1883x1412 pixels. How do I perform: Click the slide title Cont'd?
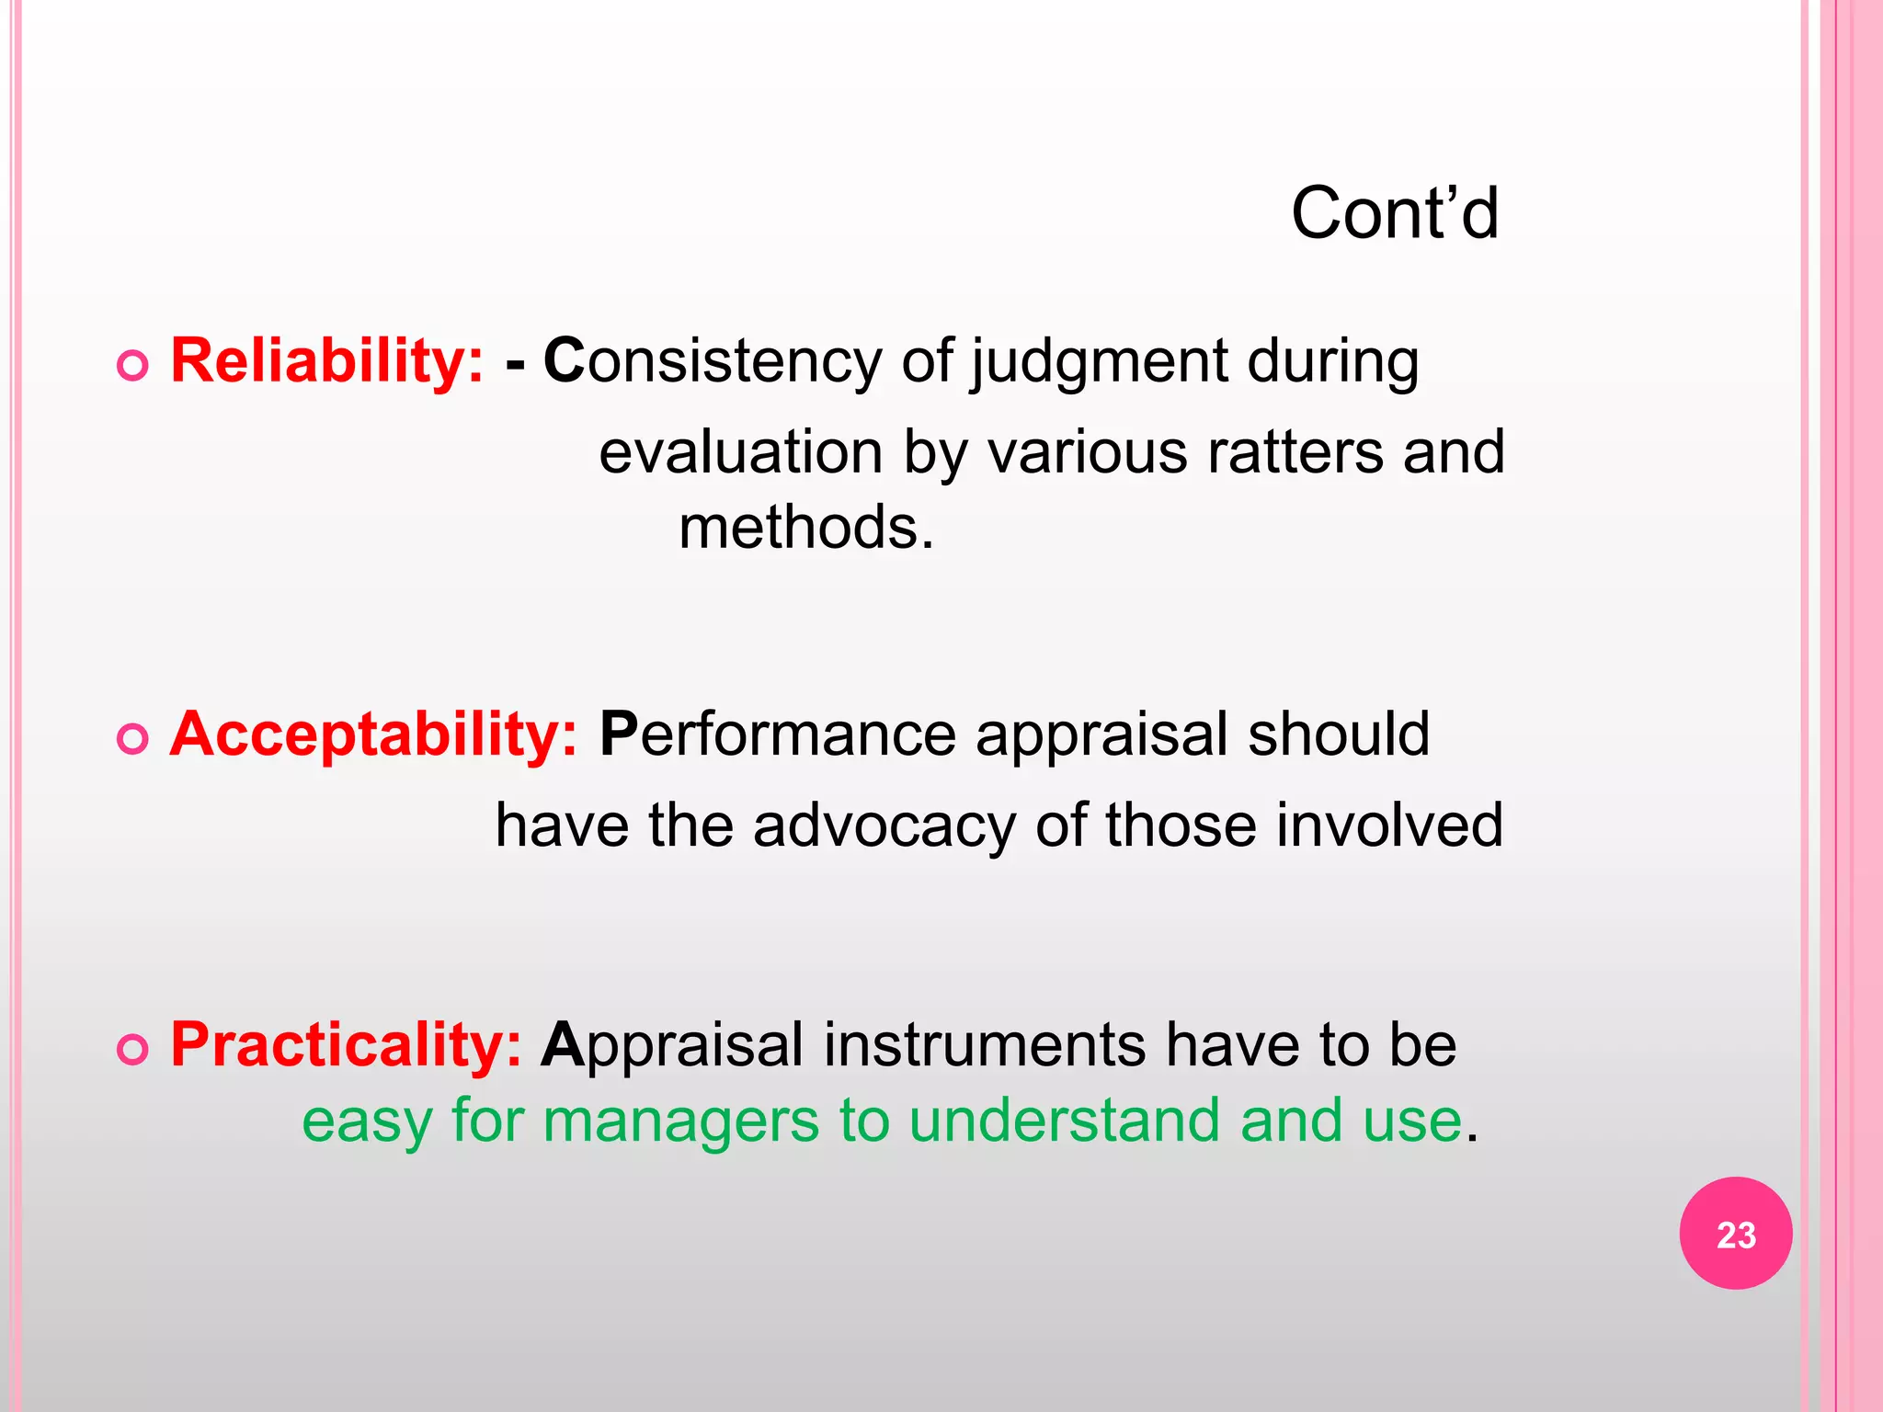pos(1394,213)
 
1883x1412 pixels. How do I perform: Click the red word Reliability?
pos(327,360)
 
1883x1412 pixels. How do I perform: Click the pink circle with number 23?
pos(1735,1234)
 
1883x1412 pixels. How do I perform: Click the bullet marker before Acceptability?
pos(133,739)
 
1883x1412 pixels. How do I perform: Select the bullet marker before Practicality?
pos(133,1050)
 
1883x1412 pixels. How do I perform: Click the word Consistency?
pos(713,360)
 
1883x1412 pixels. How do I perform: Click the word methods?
pos(805,528)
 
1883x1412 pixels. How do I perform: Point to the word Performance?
pos(778,734)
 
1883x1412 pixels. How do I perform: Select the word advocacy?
pos(884,826)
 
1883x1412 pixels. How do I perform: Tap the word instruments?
pos(984,1045)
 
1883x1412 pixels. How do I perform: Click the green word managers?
pos(680,1122)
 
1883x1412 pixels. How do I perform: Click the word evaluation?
pos(741,452)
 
